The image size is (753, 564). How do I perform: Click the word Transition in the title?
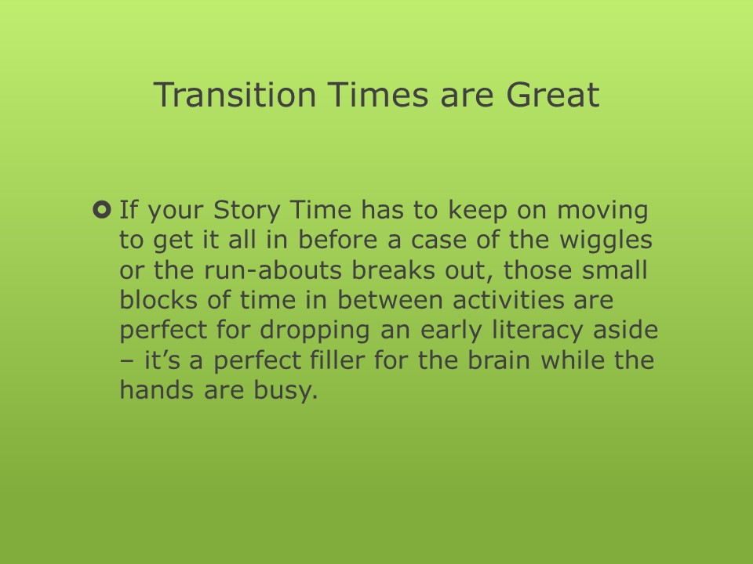pyautogui.click(x=235, y=94)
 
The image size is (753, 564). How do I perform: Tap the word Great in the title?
pyautogui.click(x=552, y=94)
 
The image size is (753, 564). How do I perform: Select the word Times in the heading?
pyautogui.click(x=377, y=94)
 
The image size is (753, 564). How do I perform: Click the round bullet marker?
pyautogui.click(x=102, y=210)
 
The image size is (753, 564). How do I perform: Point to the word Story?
pyautogui.click(x=246, y=211)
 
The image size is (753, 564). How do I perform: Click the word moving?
pyautogui.click(x=602, y=211)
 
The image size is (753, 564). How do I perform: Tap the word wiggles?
pyautogui.click(x=606, y=240)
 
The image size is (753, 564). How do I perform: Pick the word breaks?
pyautogui.click(x=393, y=270)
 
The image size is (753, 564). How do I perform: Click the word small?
pyautogui.click(x=615, y=270)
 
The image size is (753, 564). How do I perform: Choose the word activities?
pyautogui.click(x=508, y=300)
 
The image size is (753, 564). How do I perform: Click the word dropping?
pyautogui.click(x=315, y=331)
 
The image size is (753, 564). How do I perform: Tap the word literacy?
pyautogui.click(x=537, y=331)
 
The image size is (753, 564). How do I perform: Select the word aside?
pyautogui.click(x=625, y=330)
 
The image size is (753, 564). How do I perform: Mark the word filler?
pyautogui.click(x=337, y=360)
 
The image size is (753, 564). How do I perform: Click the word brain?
pyautogui.click(x=499, y=360)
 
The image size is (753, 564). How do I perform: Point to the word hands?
pyautogui.click(x=158, y=389)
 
